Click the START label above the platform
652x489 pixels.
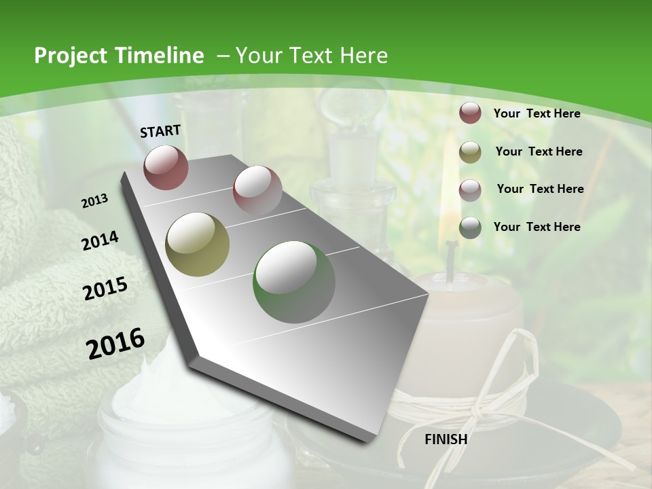160,131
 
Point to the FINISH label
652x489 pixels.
446,439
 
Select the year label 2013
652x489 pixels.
95,201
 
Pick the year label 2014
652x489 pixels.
101,241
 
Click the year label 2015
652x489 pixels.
105,289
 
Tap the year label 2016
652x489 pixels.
115,344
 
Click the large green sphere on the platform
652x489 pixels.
294,282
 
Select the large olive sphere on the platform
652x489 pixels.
197,244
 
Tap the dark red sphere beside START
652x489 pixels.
166,167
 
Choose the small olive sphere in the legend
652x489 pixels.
470,152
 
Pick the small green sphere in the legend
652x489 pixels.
470,228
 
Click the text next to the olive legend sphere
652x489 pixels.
539,151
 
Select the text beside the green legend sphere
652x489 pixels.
537,227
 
